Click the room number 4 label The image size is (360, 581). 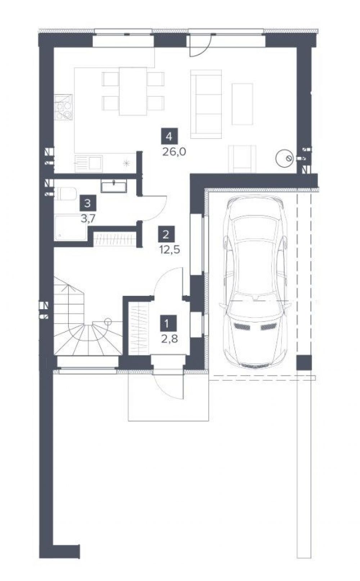169,136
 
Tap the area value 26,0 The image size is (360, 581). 174,152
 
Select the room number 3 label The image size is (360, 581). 88,203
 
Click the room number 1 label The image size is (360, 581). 169,323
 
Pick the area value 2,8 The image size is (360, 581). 170,339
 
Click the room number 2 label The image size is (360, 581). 166,234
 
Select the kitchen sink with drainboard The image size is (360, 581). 88,164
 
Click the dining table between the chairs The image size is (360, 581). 133,91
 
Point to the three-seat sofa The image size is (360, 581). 206,104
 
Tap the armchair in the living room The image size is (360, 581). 242,159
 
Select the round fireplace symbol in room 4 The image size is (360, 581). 284,158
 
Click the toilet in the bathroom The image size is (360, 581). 65,194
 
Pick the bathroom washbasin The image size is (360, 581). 114,187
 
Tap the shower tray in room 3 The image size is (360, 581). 71,228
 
